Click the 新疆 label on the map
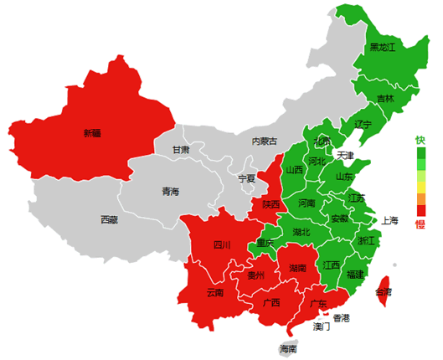pyautogui.click(x=91, y=132)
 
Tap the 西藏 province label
pyautogui.click(x=109, y=220)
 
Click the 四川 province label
pyautogui.click(x=222, y=245)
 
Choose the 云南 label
pyautogui.click(x=215, y=293)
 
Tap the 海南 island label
pyautogui.click(x=288, y=348)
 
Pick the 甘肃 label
pyautogui.click(x=181, y=150)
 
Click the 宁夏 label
pyautogui.click(x=246, y=178)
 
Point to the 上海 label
pyautogui.click(x=390, y=221)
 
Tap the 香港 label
pyautogui.click(x=342, y=317)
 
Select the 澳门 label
pyautogui.click(x=322, y=327)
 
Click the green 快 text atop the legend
pyautogui.click(x=420, y=140)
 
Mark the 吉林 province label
pyautogui.click(x=385, y=99)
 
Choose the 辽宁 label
pyautogui.click(x=363, y=124)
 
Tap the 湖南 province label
pyautogui.click(x=297, y=268)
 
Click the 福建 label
pyautogui.click(x=355, y=275)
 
